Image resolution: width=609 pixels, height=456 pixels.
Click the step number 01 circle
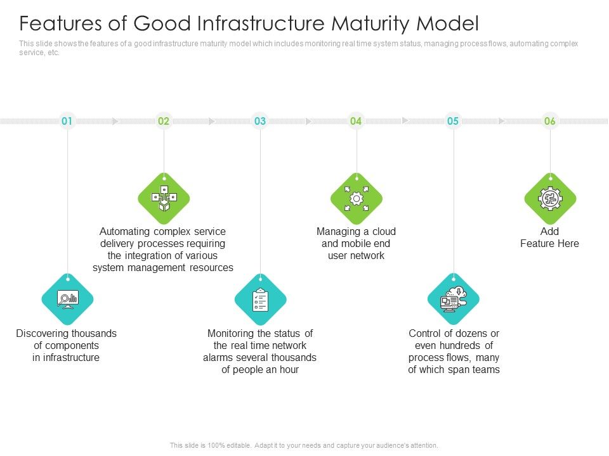coord(67,120)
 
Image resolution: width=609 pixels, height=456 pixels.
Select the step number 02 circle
coord(164,120)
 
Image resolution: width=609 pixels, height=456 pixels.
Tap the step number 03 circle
coord(260,120)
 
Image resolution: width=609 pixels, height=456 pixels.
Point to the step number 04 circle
coord(357,120)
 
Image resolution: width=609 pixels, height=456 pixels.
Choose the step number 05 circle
coord(453,120)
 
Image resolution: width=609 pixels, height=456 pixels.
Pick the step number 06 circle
coord(550,120)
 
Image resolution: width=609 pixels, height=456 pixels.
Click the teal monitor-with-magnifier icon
coord(67,300)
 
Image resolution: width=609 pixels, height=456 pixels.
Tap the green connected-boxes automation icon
coord(164,199)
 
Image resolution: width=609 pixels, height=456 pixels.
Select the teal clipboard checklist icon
coord(260,300)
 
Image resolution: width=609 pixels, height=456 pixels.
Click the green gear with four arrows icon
coord(357,199)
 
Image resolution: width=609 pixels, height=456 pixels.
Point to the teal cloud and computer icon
coord(453,300)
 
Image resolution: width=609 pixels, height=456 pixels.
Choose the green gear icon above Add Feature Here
coord(550,199)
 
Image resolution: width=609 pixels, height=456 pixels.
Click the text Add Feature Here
coord(549,237)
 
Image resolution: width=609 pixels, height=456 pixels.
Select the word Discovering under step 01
coord(43,333)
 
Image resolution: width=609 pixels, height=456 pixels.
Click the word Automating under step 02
coord(125,231)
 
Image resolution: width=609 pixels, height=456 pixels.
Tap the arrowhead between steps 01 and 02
coord(115,120)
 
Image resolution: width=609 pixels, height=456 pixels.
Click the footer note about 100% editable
coord(304,445)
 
